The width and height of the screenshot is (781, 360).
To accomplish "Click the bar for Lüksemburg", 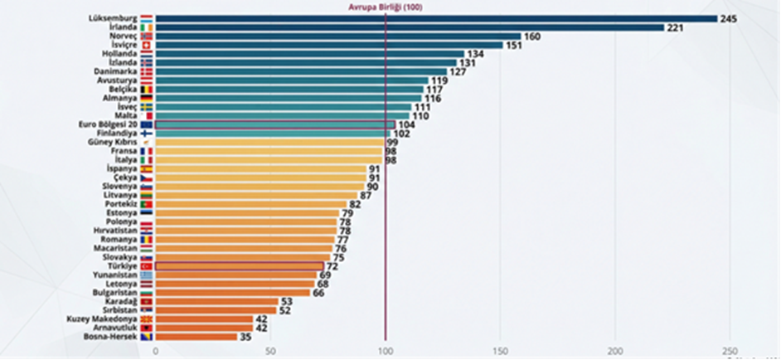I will [x=435, y=17].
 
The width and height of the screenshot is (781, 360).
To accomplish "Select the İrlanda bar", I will [x=410, y=27].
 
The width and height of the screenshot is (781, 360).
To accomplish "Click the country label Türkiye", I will [x=121, y=266].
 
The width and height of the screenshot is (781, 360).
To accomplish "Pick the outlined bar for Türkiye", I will [x=239, y=266].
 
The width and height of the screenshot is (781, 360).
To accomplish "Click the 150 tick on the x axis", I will [x=500, y=351].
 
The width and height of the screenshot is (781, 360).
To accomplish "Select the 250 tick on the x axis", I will [x=730, y=351].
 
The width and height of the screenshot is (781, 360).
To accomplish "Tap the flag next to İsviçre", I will [x=146, y=46].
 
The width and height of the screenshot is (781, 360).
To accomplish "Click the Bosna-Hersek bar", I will [x=195, y=337].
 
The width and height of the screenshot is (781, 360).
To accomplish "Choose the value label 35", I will [x=245, y=337].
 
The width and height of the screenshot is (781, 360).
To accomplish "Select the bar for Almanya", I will [x=288, y=98].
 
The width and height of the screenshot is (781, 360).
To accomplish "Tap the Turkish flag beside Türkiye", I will [x=146, y=266].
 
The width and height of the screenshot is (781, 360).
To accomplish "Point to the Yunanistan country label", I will [x=114, y=275].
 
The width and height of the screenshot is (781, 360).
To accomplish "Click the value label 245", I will [x=730, y=18].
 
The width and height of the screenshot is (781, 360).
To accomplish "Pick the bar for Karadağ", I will [x=216, y=301].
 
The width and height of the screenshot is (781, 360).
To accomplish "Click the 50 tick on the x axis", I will [x=269, y=351].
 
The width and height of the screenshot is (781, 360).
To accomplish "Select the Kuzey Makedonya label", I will [x=102, y=319].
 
